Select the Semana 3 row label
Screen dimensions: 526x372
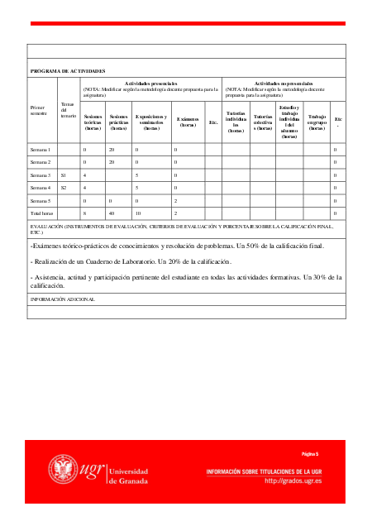click(41, 175)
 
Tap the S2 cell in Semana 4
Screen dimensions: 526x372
click(64, 188)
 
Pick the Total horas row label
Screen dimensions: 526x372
click(41, 213)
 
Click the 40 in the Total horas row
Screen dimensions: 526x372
click(112, 213)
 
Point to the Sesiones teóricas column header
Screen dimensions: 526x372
click(92, 122)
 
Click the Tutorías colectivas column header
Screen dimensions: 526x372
click(263, 122)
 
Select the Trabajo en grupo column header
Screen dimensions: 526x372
click(316, 122)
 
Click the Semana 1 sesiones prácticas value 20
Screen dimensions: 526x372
click(112, 150)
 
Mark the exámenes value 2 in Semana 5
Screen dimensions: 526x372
click(175, 201)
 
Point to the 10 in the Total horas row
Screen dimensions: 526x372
click(138, 213)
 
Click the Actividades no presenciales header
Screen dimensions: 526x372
click(284, 84)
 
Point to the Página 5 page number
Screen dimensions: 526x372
click(310, 455)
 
